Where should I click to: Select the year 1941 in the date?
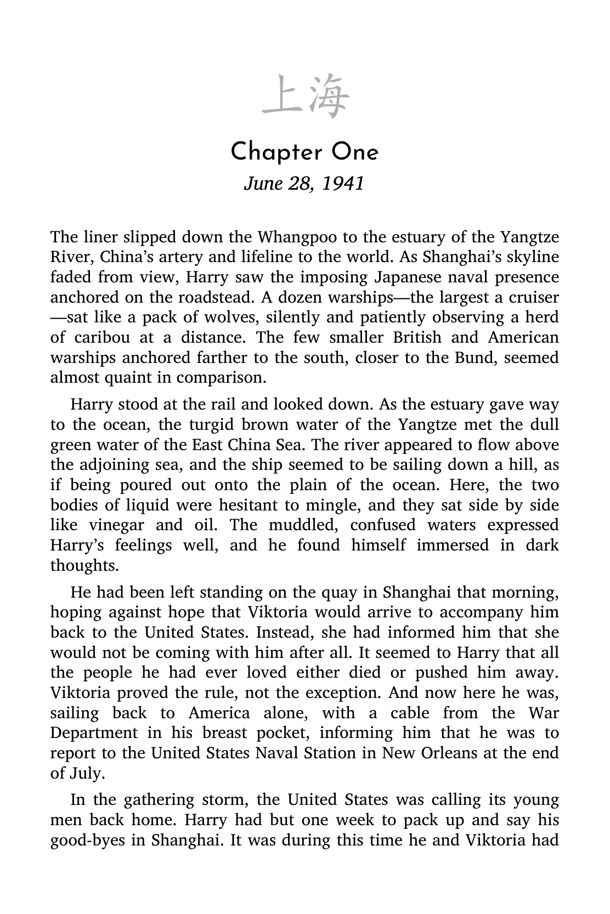click(343, 183)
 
